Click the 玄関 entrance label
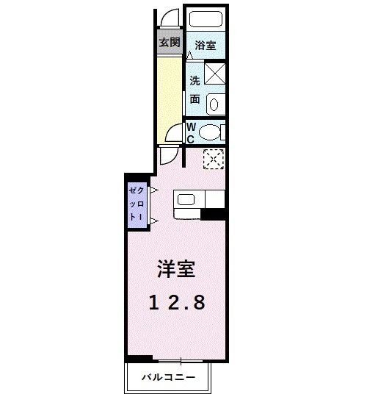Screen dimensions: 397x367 click(x=169, y=42)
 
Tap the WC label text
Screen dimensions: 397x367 click(x=190, y=132)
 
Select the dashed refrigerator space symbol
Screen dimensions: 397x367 click(x=213, y=158)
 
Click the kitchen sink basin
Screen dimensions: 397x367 click(x=184, y=199)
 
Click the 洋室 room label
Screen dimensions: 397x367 click(x=175, y=269)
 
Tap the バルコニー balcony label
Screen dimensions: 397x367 click(x=169, y=377)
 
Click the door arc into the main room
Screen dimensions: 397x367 click(x=168, y=156)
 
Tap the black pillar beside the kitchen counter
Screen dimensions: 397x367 click(x=212, y=215)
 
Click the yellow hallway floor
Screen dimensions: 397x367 click(x=168, y=96)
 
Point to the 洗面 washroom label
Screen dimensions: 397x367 click(x=195, y=88)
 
